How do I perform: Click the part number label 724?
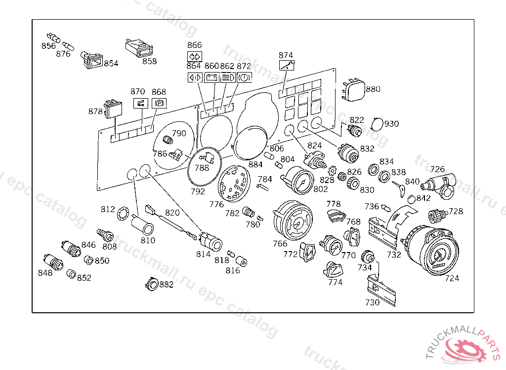tap(452, 278)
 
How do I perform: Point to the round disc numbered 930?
tap(377, 124)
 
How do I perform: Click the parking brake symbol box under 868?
tap(159, 103)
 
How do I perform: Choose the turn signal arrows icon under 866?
tap(195, 56)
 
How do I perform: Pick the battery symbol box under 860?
tap(211, 77)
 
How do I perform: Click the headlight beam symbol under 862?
tap(228, 77)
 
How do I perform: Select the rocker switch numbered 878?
tap(113, 109)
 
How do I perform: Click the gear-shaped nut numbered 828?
tap(333, 170)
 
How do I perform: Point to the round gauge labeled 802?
tap(298, 181)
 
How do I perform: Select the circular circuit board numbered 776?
tap(234, 184)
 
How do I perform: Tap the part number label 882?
tap(166, 284)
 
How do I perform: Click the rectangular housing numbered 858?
tap(139, 48)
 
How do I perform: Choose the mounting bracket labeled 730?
tap(381, 289)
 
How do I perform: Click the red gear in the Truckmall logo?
tap(464, 349)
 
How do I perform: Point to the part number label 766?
tap(280, 244)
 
